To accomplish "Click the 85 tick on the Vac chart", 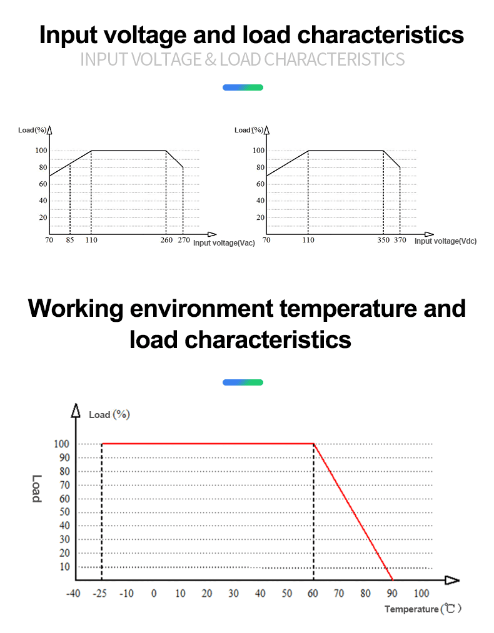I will pyautogui.click(x=70, y=240).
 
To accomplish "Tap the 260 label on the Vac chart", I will pyautogui.click(x=166, y=240).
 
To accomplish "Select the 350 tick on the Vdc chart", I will pyautogui.click(x=383, y=240).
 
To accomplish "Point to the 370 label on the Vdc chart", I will pyautogui.click(x=400, y=240).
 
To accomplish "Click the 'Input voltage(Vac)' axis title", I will pyautogui.click(x=224, y=243).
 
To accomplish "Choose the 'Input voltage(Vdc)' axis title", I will pyautogui.click(x=445, y=241).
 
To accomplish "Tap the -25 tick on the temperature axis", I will pyautogui.click(x=100, y=593).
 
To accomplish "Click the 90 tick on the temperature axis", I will pyautogui.click(x=392, y=593).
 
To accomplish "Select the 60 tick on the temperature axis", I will pyautogui.click(x=313, y=593).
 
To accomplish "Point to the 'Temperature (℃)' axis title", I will pyautogui.click(x=423, y=609).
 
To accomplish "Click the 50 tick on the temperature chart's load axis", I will pyautogui.click(x=64, y=512).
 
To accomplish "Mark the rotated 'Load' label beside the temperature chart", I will pyautogui.click(x=37, y=489).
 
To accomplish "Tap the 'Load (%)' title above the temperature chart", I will pyautogui.click(x=109, y=414).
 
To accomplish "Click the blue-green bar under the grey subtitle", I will pyautogui.click(x=243, y=87).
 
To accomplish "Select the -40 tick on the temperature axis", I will pyautogui.click(x=73, y=593).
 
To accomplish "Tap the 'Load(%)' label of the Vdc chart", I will pyautogui.click(x=248, y=130).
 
